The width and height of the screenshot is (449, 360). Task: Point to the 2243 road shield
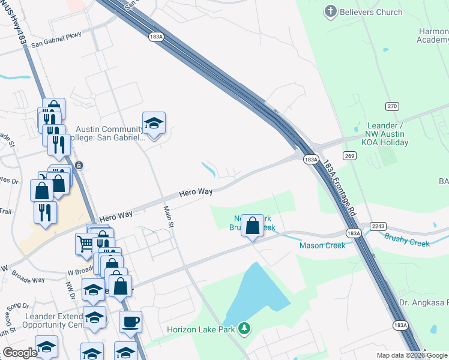point(378,225)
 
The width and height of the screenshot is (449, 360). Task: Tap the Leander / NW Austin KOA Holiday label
point(388,134)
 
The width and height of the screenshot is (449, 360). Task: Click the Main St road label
point(169,217)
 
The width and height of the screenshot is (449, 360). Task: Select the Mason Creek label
point(322,245)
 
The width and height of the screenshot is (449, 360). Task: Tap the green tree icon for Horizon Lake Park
point(244,328)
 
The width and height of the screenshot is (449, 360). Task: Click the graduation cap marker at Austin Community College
point(154,123)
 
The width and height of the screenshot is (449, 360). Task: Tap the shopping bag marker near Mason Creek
point(253,226)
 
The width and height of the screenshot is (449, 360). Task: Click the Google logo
point(20,353)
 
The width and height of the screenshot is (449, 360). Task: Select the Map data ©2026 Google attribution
point(412,355)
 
